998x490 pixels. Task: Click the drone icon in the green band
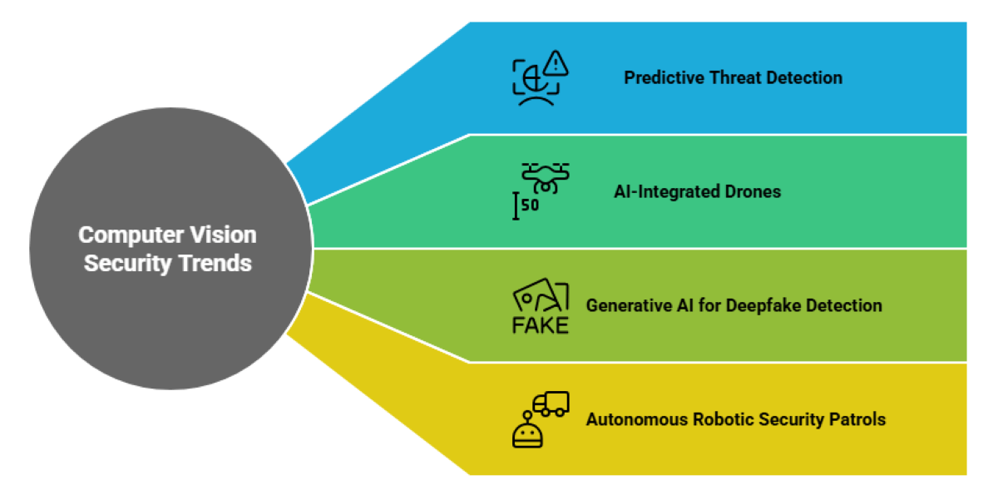coord(545,177)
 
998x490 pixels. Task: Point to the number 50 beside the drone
coord(530,205)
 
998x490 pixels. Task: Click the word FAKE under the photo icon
coord(540,324)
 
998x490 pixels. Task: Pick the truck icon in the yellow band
coord(551,403)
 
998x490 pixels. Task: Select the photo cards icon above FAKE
coord(541,296)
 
